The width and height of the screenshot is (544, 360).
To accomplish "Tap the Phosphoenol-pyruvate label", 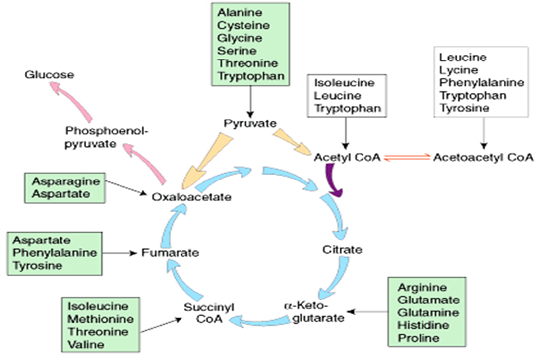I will point(107,137).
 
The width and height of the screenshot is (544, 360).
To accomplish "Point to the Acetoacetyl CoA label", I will point(484,157).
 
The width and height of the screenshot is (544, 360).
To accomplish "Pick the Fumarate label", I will point(170,252).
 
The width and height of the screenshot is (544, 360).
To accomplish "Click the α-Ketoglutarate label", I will point(314,310).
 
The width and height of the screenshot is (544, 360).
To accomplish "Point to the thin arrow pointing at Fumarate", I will point(120,253).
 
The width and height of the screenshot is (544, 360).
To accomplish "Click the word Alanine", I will point(235,12).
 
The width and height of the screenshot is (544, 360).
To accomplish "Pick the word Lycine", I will point(459,70).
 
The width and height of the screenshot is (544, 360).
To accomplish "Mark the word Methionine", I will point(98,318).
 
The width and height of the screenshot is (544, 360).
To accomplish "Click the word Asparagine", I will point(65,181).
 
